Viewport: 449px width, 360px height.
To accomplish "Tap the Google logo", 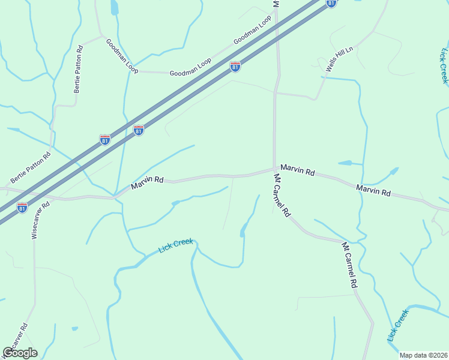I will [x=20, y=353].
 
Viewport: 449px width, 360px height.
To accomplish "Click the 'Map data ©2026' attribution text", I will [x=423, y=355].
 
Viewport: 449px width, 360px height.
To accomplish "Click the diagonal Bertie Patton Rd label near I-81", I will [x=31, y=167].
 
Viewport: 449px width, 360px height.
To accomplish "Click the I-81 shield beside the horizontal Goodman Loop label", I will [x=235, y=67].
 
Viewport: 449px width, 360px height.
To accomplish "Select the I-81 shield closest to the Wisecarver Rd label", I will [x=22, y=208].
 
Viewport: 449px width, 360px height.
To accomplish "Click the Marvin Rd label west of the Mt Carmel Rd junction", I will [x=148, y=182].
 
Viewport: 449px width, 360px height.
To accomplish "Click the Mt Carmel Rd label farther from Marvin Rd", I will [x=350, y=265].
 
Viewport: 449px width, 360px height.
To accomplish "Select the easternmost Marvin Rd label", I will [x=373, y=191].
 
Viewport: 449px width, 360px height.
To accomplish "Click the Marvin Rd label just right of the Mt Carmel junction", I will [x=297, y=170].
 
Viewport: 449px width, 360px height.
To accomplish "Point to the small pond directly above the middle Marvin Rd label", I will [x=345, y=163].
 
